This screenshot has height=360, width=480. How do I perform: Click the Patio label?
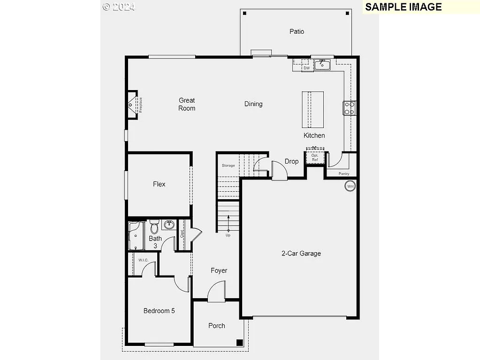pos(297,31)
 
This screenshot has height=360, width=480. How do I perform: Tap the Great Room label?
pos(187,104)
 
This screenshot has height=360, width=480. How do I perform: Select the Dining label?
pos(253,104)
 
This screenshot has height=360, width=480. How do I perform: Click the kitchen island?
pos(313,109)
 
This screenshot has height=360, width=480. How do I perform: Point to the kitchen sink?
pos(322,65)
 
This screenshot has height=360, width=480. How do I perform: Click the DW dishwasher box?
pos(307,68)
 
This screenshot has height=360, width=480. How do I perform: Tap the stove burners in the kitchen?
pos(349,108)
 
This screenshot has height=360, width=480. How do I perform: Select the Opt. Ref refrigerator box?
pos(315,157)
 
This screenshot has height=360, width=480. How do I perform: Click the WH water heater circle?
pos(350,186)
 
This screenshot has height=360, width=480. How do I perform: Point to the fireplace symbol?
pos(133,105)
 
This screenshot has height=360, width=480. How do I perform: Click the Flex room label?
pos(159,184)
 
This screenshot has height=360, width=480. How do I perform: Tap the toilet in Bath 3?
pos(154,228)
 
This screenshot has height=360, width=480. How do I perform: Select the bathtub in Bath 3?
pos(137,236)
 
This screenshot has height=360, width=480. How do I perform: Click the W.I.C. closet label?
pos(143,260)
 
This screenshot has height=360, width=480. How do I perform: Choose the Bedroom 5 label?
pos(159,311)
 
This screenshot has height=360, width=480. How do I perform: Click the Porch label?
pos(217,326)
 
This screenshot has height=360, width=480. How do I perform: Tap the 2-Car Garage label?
pos(301,254)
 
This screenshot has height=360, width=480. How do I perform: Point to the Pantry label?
pos(344,173)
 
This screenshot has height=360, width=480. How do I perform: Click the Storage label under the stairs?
pos(229,165)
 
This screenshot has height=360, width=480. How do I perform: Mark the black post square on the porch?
pos(240,343)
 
